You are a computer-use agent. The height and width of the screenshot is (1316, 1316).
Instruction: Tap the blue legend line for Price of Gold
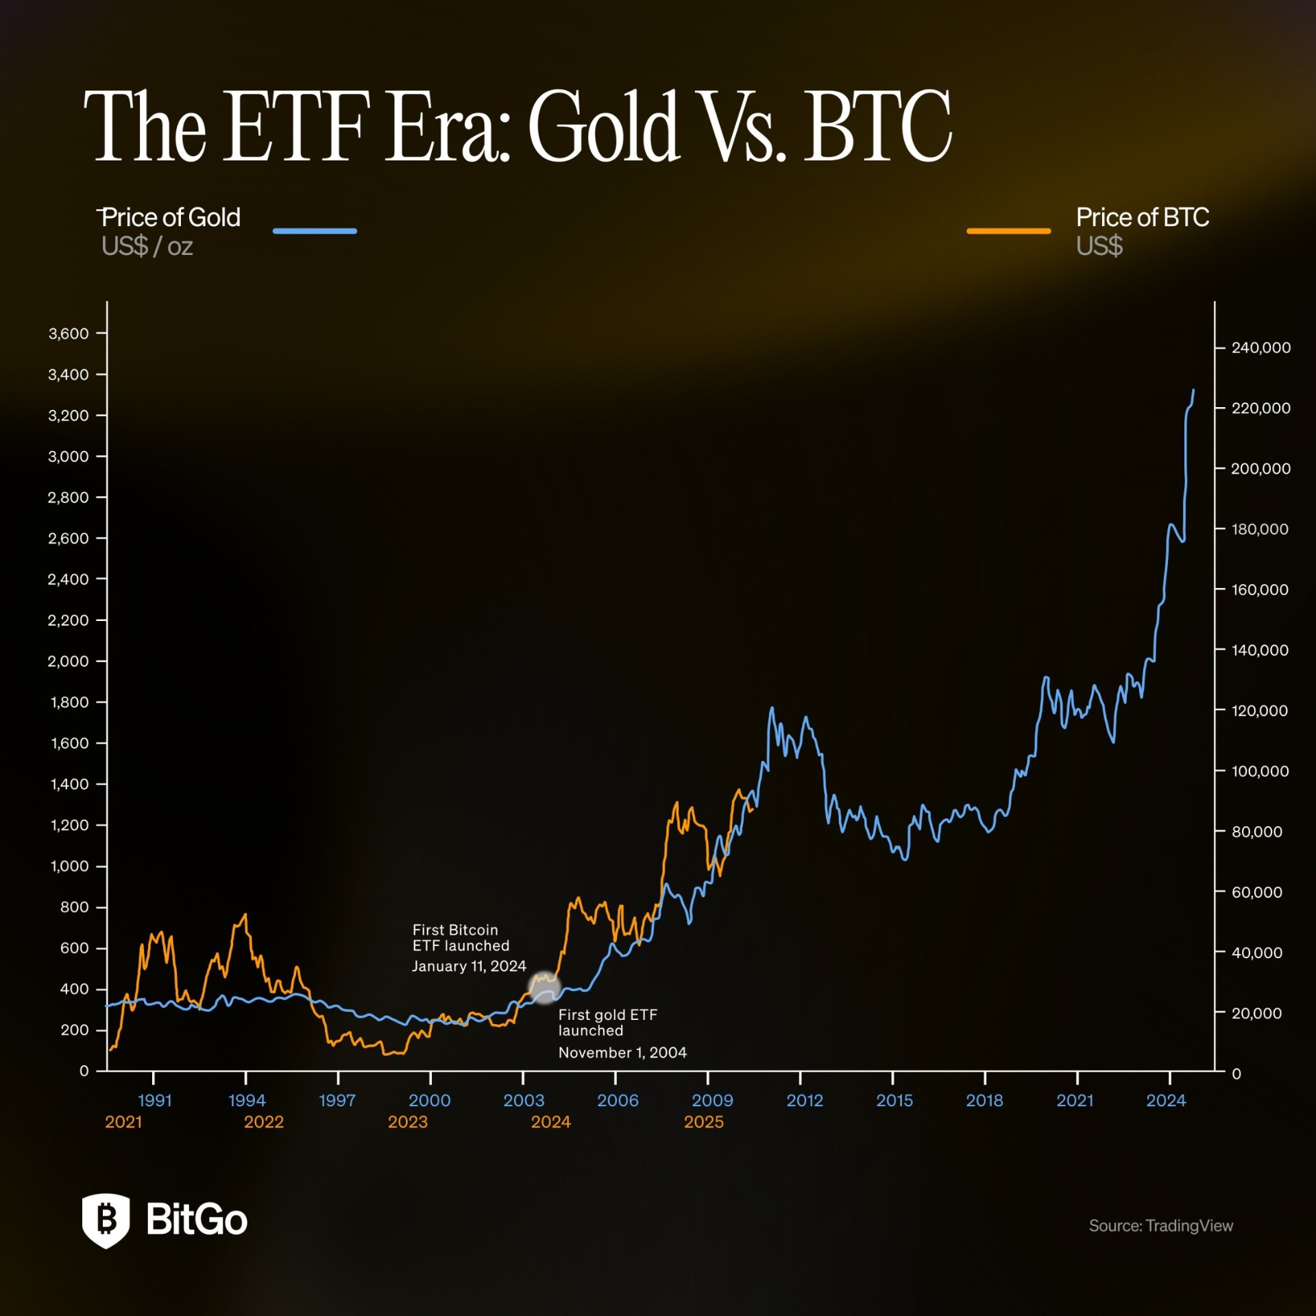pos(315,231)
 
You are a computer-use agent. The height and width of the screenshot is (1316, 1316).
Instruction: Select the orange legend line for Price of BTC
pos(1008,231)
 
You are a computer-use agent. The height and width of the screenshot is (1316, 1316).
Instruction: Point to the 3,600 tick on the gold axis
pos(69,334)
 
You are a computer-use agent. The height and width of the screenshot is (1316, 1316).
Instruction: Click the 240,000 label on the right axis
pos(1260,348)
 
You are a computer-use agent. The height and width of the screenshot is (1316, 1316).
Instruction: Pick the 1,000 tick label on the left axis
pos(69,866)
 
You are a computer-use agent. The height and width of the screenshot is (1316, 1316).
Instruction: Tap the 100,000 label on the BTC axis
pos(1260,772)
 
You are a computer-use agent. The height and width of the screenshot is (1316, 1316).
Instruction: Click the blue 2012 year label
pos(804,1101)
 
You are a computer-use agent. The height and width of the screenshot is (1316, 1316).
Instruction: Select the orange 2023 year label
pos(408,1122)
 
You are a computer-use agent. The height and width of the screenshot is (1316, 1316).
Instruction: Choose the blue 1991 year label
pos(154,1101)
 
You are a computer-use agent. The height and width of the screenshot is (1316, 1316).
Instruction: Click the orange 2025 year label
pos(704,1122)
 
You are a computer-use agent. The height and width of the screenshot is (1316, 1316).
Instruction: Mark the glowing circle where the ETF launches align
pos(544,988)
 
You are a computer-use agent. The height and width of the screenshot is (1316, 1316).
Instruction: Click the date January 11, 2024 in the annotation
pos(469,966)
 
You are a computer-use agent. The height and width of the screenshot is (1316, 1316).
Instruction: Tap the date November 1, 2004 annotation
pos(622,1053)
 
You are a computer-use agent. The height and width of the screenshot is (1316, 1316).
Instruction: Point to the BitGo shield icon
pos(106,1221)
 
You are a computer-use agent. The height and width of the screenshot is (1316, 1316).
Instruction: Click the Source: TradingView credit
pos(1160,1226)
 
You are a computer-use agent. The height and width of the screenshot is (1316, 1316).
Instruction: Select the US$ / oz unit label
pos(147,247)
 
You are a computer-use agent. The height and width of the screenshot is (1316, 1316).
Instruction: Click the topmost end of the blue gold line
pos(1193,391)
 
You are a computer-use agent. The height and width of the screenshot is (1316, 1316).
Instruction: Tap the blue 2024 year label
pos(1166,1101)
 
